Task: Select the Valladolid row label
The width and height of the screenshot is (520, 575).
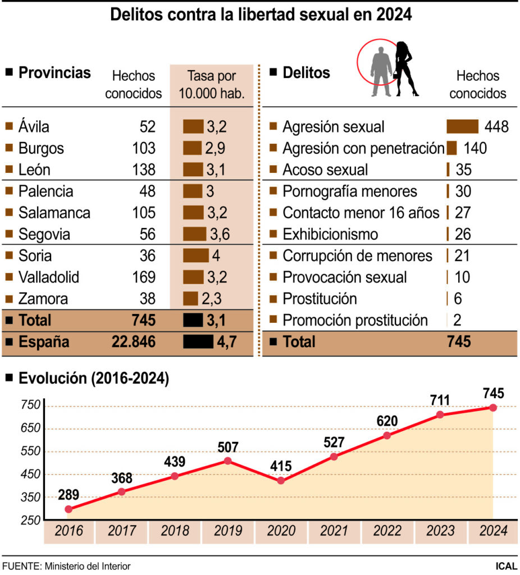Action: click(48, 277)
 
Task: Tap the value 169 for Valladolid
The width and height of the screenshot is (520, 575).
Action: click(143, 277)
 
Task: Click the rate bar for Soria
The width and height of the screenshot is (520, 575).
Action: click(196, 255)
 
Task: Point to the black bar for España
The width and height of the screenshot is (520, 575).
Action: click(198, 341)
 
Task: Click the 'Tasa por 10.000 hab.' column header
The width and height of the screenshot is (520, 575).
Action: click(212, 85)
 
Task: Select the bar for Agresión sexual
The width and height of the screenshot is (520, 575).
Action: click(462, 126)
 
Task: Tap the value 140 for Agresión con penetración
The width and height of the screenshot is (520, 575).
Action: click(475, 148)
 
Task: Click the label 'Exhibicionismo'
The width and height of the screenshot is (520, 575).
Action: click(330, 234)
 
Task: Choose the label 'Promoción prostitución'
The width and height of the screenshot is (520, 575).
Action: click(355, 320)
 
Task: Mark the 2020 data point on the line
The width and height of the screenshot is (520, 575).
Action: click(281, 481)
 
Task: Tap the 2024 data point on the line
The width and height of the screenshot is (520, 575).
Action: click(493, 408)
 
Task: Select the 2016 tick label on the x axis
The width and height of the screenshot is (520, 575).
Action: click(69, 531)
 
